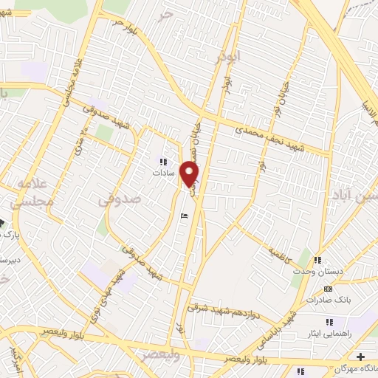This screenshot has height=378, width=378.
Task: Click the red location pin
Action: (x=190, y=173)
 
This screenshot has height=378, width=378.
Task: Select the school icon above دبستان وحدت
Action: (x=318, y=260)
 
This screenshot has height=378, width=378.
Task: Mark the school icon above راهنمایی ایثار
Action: (x=329, y=322)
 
